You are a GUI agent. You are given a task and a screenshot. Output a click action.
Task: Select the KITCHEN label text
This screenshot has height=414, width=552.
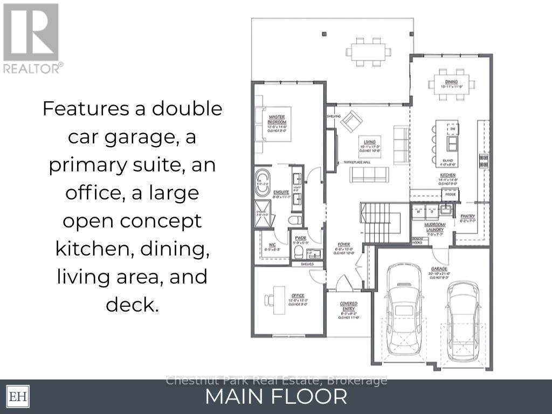(x=447, y=175)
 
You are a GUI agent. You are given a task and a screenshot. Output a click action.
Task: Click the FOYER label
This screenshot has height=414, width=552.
(x=343, y=244)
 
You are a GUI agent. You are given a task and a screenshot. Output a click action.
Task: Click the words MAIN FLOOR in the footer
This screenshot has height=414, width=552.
(x=276, y=397)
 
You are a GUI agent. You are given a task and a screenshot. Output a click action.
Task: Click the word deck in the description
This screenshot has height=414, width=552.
(x=132, y=305)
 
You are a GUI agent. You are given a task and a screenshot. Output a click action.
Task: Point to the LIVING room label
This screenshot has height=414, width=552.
(x=369, y=142)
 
